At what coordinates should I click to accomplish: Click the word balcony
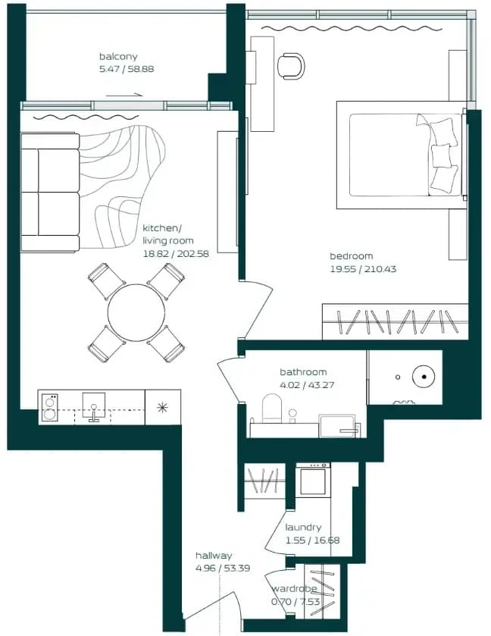click(118, 56)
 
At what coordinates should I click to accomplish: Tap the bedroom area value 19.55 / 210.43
click(363, 269)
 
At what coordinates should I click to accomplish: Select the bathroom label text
click(303, 372)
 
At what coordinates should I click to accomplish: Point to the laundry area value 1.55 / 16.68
click(313, 540)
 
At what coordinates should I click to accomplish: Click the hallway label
click(214, 556)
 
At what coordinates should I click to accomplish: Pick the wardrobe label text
click(294, 589)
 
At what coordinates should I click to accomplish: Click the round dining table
click(136, 312)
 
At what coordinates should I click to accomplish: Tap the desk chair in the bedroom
click(291, 66)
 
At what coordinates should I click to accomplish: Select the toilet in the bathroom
click(272, 409)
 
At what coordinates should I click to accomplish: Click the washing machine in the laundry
click(313, 480)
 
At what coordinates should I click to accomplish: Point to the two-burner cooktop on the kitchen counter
click(50, 408)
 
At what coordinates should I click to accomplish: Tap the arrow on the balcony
click(124, 96)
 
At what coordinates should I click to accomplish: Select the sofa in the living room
click(50, 193)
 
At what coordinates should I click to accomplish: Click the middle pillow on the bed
click(441, 155)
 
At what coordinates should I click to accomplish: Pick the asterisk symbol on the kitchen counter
click(162, 407)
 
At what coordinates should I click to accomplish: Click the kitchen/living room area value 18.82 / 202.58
click(176, 254)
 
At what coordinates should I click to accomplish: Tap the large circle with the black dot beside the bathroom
click(424, 377)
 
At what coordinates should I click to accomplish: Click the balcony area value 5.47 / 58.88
click(127, 69)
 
